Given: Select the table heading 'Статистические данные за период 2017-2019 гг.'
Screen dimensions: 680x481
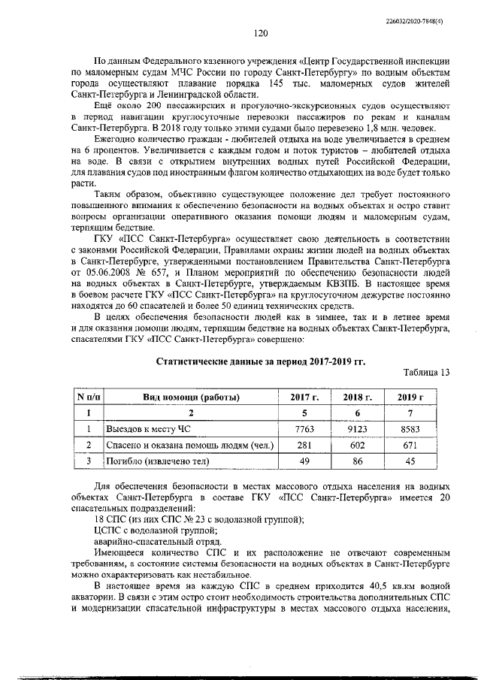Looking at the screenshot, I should click(x=259, y=361).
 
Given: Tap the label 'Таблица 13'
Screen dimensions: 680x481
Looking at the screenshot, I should click(x=426, y=373).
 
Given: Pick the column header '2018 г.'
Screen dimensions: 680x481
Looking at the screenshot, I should click(x=357, y=397).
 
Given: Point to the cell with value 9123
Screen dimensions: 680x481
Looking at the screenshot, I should click(x=357, y=428).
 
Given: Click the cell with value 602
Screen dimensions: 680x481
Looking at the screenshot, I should click(x=357, y=445).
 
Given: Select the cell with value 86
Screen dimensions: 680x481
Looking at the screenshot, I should click(x=357, y=461).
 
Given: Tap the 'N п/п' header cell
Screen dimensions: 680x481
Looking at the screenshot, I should click(x=88, y=397).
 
